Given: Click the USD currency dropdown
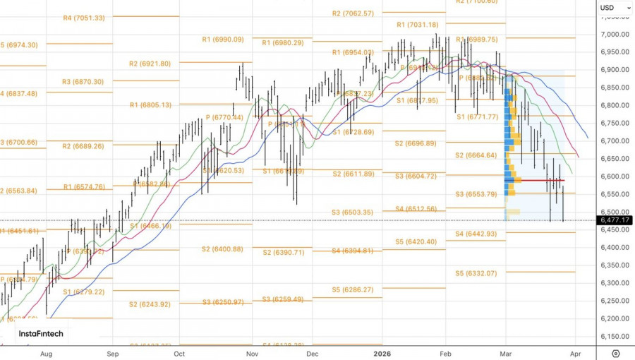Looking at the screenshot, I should coord(608,8).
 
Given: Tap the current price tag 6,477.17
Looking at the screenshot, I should coord(615,220).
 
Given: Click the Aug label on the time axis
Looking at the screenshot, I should coord(46,353).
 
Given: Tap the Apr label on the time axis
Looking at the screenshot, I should coord(575,353).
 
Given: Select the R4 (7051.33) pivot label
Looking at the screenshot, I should coord(83,18).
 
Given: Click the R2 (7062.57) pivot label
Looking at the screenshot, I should coord(353,13).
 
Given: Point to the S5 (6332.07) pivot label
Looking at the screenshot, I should coord(476,273).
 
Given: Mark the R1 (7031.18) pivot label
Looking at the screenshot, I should coord(418,25).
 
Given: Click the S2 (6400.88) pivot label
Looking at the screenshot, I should coord(222,249).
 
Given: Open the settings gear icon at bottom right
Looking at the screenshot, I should coord(616,353).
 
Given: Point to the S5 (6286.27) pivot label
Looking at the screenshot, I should coord(354,289).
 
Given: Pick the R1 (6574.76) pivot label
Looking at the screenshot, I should coord(84,187).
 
